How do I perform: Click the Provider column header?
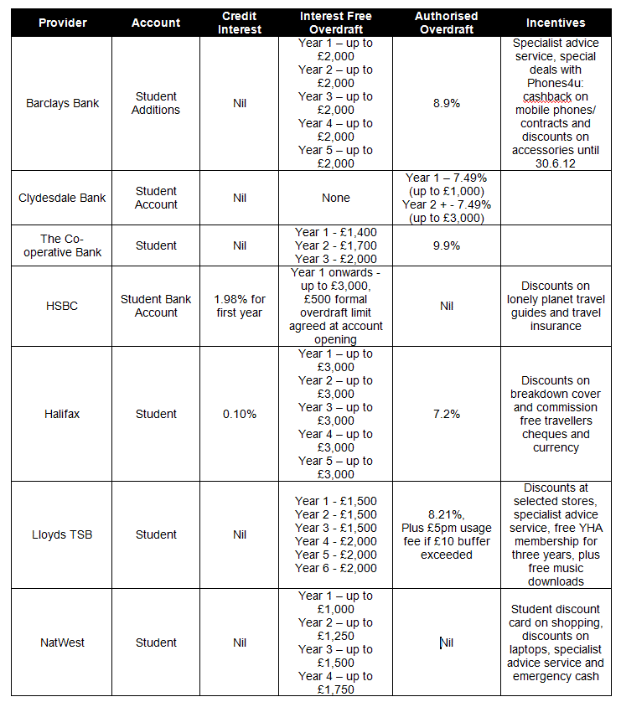pyautogui.click(x=62, y=23)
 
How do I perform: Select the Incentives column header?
pyautogui.click(x=556, y=23)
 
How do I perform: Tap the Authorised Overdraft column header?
pyautogui.click(x=446, y=23)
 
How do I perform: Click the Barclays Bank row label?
pyautogui.click(x=62, y=103)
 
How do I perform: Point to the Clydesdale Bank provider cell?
pyautogui.click(x=62, y=198)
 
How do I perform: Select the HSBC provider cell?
pyautogui.click(x=62, y=306)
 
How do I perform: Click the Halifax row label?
pyautogui.click(x=62, y=414)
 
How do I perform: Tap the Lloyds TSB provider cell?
pyautogui.click(x=62, y=534)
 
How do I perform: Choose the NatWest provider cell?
pyautogui.click(x=62, y=643)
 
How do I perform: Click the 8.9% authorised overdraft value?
pyautogui.click(x=446, y=103)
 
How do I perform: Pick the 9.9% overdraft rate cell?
pyautogui.click(x=446, y=245)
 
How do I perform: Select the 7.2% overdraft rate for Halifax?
pyautogui.click(x=446, y=414)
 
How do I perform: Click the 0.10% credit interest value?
pyautogui.click(x=240, y=414)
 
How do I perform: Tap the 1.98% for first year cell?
pyautogui.click(x=240, y=306)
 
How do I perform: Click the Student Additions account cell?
pyautogui.click(x=156, y=103)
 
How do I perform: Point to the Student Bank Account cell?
pyautogui.click(x=156, y=306)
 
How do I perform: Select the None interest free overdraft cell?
pyautogui.click(x=335, y=198)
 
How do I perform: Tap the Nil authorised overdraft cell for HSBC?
pyautogui.click(x=446, y=306)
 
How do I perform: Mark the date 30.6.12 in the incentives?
pyautogui.click(x=556, y=163)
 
